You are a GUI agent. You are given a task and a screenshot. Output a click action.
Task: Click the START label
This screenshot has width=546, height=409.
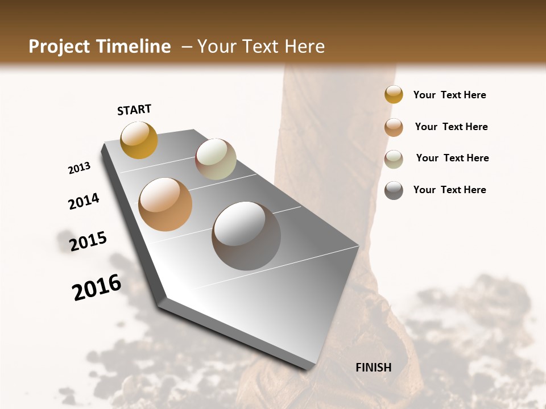click(134, 110)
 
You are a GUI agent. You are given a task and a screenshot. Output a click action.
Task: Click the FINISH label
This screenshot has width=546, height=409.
click(373, 368)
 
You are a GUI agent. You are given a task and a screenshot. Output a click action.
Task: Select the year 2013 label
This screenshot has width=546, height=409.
click(79, 168)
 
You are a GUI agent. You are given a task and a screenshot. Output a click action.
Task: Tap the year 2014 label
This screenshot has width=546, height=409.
click(84, 201)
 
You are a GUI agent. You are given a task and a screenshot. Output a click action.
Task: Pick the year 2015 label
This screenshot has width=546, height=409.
click(88, 241)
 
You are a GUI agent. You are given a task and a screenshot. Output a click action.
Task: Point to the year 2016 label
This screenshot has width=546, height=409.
click(97, 287)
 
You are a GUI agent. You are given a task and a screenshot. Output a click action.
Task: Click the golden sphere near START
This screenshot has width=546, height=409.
click(139, 140)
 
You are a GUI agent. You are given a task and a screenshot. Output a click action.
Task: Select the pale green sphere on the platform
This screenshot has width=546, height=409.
click(216, 159)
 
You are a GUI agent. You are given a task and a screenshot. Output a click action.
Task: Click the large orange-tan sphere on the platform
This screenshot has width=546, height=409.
click(166, 204)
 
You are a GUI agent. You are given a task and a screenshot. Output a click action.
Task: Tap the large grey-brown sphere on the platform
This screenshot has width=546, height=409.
click(246, 236)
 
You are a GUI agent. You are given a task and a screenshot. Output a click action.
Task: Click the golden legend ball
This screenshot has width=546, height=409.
click(394, 94)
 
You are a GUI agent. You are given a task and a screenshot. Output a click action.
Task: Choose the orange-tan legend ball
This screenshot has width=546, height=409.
click(394, 127)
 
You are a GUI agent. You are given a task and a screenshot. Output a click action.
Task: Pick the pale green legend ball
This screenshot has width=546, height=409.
click(394, 158)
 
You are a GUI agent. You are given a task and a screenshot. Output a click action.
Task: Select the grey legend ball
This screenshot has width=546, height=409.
click(394, 190)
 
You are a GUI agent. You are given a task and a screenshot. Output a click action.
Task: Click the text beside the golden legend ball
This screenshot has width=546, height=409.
click(449, 95)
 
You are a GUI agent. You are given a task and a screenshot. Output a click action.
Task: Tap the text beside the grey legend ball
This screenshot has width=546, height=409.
click(449, 190)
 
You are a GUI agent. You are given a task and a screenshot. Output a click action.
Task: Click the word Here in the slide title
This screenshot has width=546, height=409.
click(304, 47)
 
